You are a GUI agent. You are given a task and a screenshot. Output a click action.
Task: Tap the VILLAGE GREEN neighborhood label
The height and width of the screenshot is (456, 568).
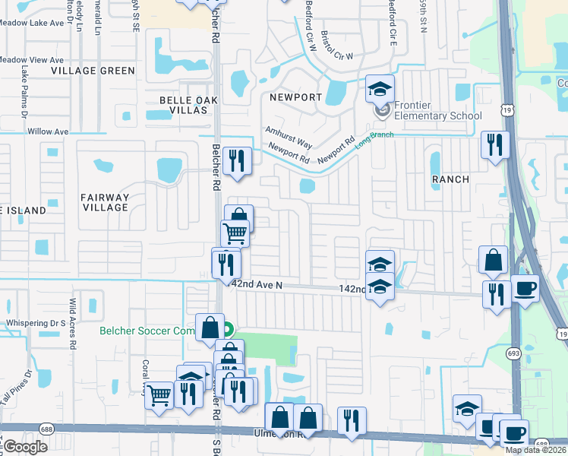click(93, 71)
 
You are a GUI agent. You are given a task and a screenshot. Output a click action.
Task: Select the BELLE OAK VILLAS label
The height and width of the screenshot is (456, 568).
click(183, 105)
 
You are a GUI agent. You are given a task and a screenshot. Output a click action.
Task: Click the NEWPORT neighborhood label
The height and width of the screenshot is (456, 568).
click(296, 97)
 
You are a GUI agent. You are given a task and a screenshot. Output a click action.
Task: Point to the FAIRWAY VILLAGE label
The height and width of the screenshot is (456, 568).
click(105, 202)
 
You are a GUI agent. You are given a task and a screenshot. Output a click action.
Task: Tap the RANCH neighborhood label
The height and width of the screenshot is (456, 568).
click(450, 179)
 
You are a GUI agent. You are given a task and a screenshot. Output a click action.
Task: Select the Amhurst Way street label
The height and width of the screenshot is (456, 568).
click(289, 138)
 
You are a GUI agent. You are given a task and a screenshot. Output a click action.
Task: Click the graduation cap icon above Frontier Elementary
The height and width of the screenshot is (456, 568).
click(380, 90)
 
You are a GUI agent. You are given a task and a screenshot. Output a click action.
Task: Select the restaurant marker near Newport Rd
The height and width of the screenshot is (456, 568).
click(238, 160)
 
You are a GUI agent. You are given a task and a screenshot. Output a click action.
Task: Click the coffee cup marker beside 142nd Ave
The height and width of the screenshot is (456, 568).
click(525, 289)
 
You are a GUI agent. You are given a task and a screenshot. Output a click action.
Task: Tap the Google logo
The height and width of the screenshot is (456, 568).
click(25, 447)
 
